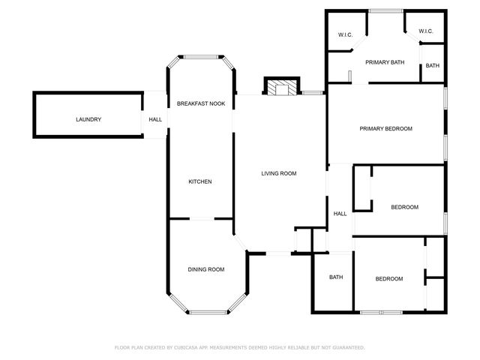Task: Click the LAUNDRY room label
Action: coord(88,120)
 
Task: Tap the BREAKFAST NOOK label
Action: coord(201,103)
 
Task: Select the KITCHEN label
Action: coord(200,182)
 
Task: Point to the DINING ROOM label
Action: coord(205,269)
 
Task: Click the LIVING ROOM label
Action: coord(279,173)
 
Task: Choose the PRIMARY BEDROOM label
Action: coord(386,129)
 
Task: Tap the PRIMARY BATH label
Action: coord(385,62)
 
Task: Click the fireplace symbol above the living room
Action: coord(282,88)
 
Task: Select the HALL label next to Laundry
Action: coord(155,120)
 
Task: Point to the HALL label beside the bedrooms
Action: coord(340,214)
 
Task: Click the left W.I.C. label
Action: coord(345,34)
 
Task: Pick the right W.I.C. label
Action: coord(425,31)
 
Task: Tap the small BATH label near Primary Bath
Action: coord(433,66)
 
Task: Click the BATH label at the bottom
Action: coord(336,277)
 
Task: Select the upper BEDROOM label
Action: coord(404,207)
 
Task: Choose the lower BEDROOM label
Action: coord(388,279)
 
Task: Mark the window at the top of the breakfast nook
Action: coord(201,56)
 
